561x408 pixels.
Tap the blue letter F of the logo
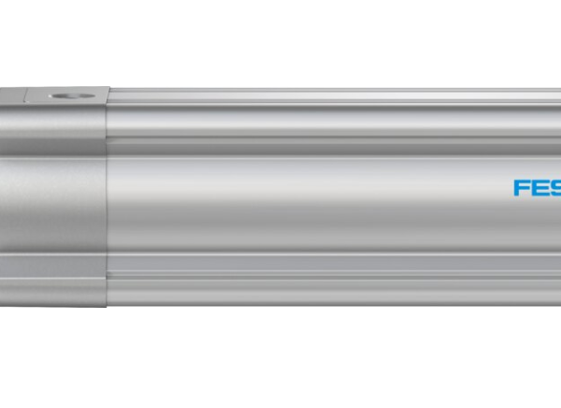point(521,188)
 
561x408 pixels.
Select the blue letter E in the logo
point(539,188)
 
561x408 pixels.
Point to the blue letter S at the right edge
point(555,188)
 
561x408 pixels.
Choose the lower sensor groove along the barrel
point(327,273)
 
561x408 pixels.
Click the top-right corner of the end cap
point(107,90)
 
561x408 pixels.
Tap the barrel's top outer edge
point(327,91)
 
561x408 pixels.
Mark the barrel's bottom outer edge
point(327,305)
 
